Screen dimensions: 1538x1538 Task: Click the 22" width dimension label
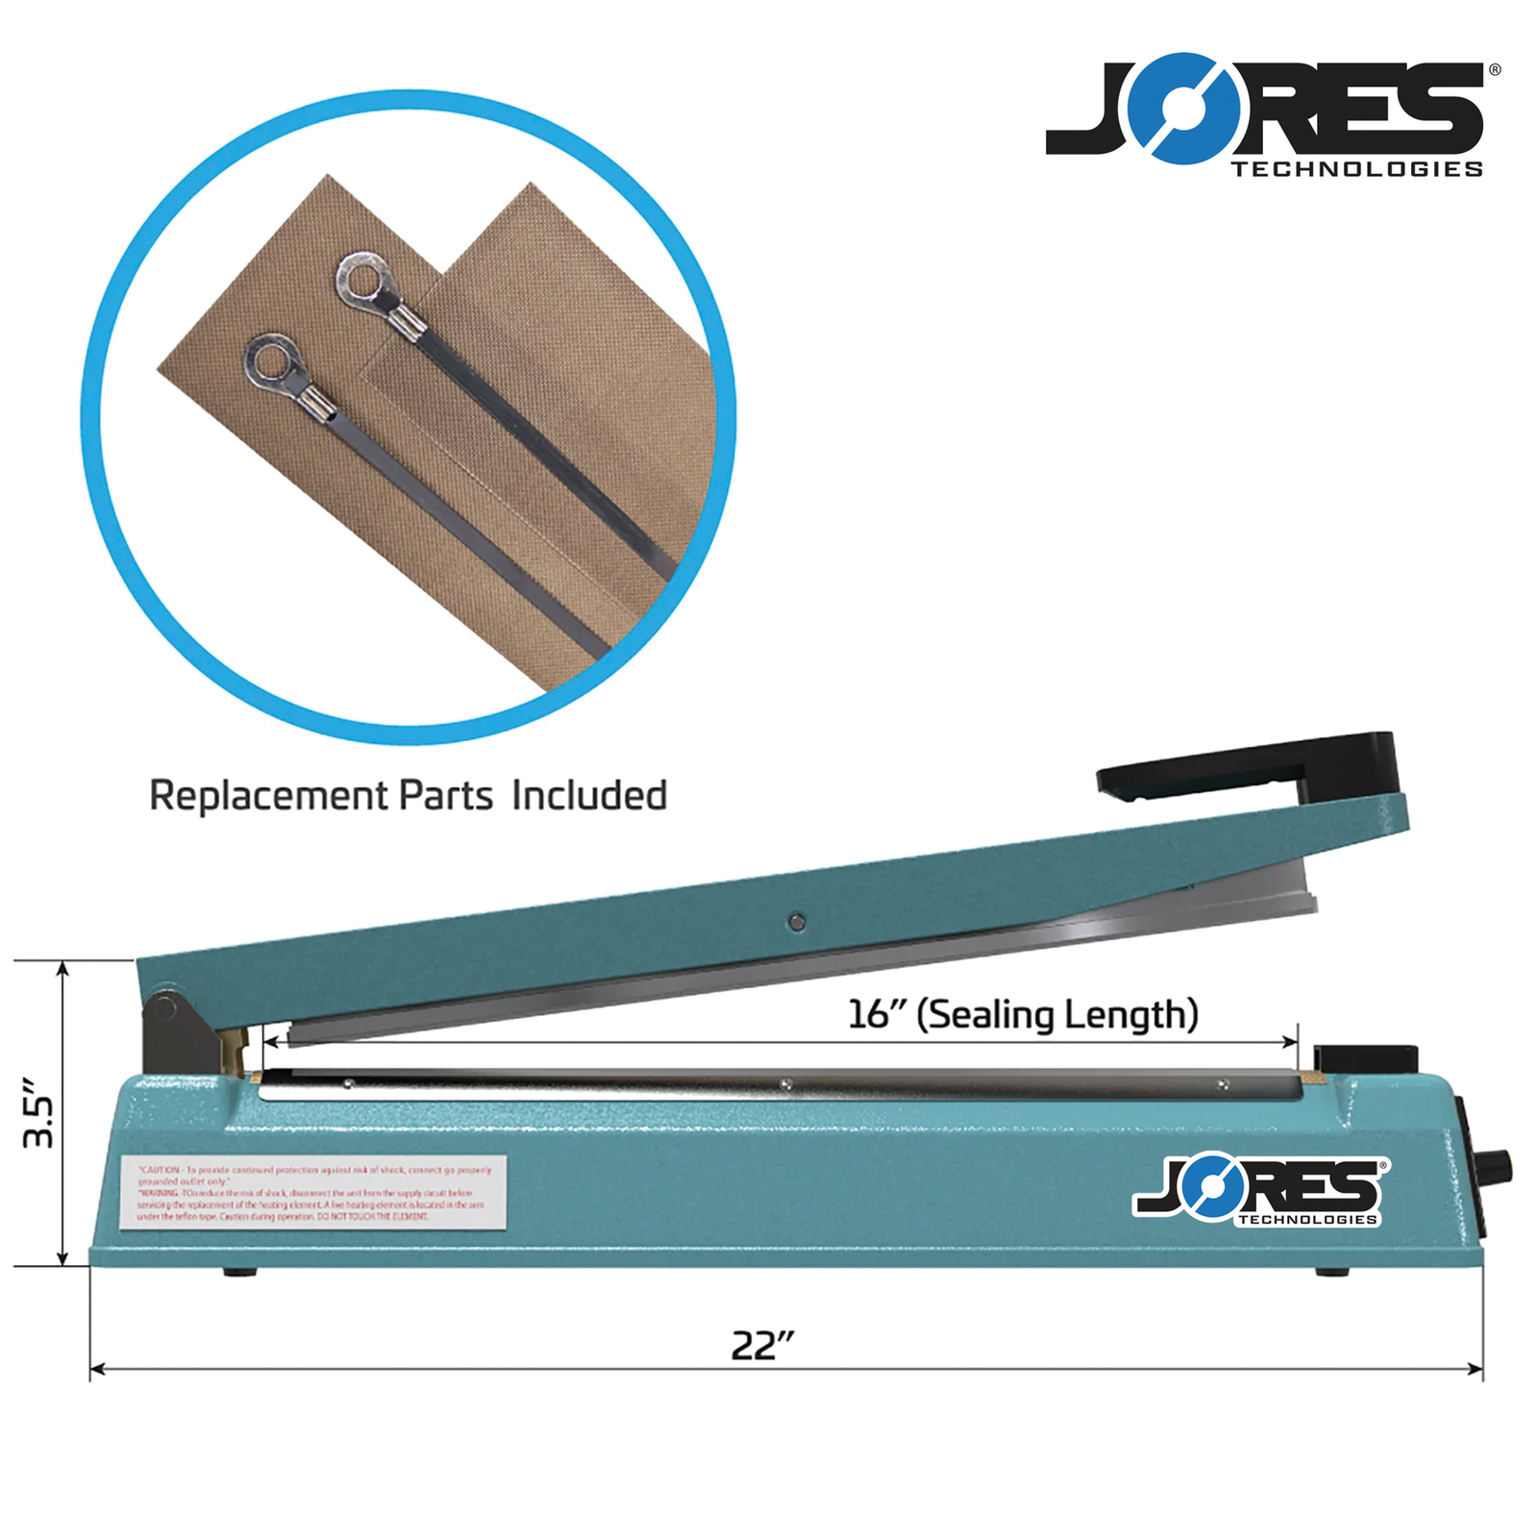coord(762,1345)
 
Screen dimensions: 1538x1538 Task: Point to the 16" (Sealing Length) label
coord(1022,1014)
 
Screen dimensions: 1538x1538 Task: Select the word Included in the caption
coord(588,796)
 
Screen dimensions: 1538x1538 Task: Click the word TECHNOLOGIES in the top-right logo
coord(1356,169)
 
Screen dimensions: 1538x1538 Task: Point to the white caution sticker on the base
coord(313,1192)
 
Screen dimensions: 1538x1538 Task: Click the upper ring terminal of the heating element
coord(363,278)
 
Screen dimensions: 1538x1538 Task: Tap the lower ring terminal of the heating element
coord(273,360)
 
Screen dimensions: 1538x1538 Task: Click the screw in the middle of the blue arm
coord(796,923)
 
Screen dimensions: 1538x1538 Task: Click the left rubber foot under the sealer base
coord(240,1272)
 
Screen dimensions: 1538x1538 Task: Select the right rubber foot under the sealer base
coord(1331,1272)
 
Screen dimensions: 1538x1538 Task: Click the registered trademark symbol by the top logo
coord(1495,69)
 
